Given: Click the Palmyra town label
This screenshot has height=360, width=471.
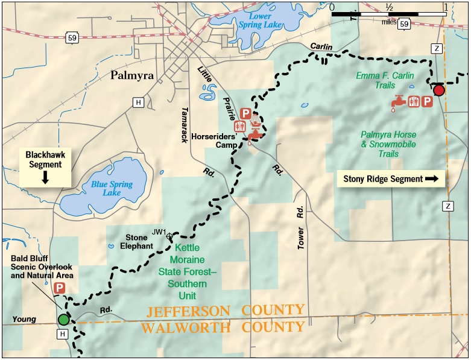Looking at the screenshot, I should [x=132, y=76].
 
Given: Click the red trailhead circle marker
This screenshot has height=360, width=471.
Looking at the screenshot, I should [x=438, y=90].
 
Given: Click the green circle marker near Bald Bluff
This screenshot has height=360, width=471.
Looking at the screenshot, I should [x=63, y=319].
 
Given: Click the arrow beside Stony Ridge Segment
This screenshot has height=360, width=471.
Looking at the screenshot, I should [x=431, y=178].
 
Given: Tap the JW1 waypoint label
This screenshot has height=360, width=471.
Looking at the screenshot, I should [x=159, y=232].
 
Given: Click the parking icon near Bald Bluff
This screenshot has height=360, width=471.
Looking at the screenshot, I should [x=60, y=288].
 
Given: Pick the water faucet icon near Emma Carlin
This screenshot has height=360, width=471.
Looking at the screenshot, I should [x=397, y=103].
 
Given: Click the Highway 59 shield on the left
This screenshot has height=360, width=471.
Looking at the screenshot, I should [x=73, y=39].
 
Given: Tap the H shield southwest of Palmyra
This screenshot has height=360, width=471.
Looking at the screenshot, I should [x=138, y=103].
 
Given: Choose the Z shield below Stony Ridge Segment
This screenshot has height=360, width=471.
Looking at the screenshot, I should [x=447, y=206].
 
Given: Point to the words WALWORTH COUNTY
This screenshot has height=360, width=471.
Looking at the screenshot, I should [x=223, y=327].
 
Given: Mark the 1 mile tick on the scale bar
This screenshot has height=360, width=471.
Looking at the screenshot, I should [x=446, y=12].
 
